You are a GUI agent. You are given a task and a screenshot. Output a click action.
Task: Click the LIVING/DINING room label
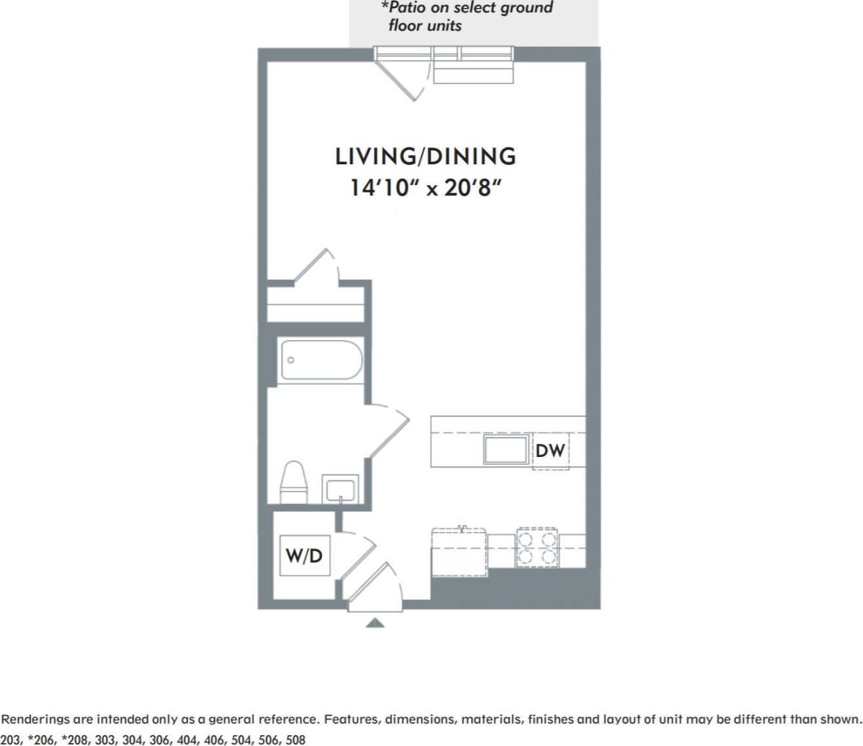(426, 156)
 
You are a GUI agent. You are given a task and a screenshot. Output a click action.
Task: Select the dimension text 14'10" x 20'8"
(426, 188)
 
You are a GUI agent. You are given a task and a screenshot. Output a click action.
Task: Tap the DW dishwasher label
(550, 451)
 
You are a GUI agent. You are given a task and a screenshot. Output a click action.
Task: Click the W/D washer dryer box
(304, 556)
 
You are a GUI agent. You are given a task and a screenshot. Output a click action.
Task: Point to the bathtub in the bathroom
(320, 359)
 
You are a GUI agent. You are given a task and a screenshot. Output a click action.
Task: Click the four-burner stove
(537, 549)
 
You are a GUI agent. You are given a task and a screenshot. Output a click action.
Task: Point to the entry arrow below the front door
(375, 623)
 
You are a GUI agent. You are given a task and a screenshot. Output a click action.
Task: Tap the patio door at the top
(403, 76)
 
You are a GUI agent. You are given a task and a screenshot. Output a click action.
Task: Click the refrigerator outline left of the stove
(458, 552)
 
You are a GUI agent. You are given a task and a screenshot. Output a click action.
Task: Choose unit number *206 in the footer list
(42, 740)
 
